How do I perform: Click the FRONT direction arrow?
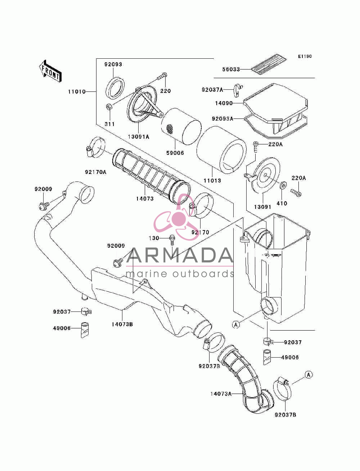[50, 71]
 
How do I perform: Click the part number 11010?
[77, 92]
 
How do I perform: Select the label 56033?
[231, 69]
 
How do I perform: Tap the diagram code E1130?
[305, 57]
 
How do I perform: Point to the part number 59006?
[175, 153]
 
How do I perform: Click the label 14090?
[224, 103]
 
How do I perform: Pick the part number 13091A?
[139, 136]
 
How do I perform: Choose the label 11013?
[212, 180]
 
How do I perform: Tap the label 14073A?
[221, 394]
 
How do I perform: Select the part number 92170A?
[96, 172]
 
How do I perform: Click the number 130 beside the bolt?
[154, 238]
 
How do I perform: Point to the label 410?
[282, 203]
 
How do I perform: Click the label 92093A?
[222, 118]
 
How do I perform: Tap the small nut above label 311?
[109, 107]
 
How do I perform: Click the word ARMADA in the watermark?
[179, 255]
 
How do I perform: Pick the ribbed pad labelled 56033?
[269, 64]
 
